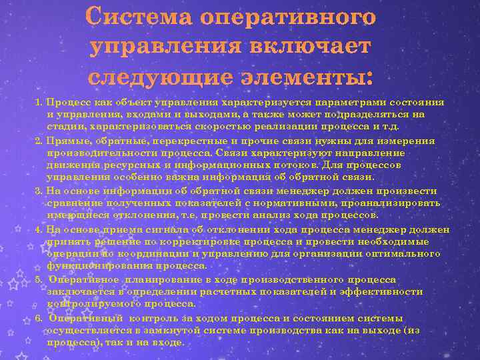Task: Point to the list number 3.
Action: pos(39,191)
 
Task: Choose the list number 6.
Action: pos(39,318)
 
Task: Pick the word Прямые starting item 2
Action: pos(66,141)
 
